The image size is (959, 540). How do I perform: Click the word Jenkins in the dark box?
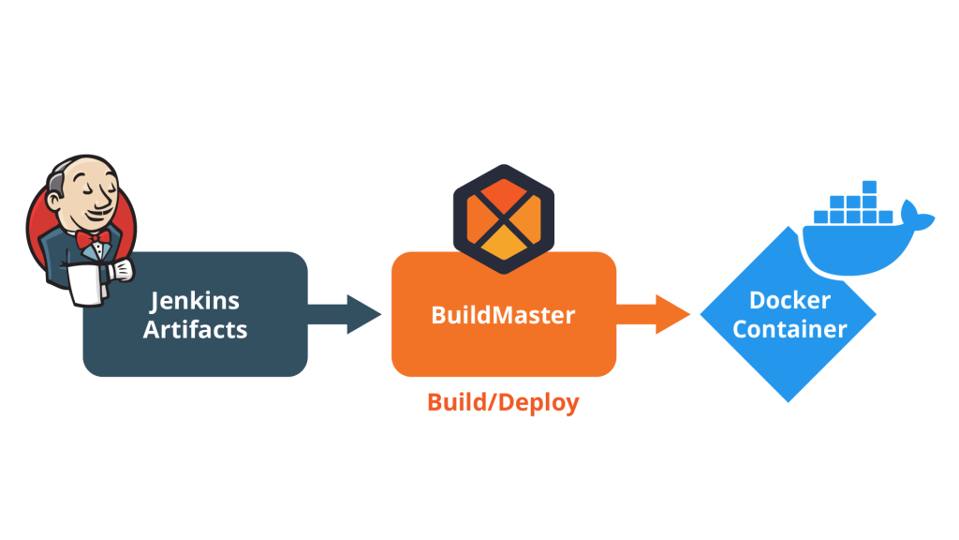point(195,301)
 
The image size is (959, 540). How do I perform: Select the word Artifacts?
point(195,330)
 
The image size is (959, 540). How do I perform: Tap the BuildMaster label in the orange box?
point(503,315)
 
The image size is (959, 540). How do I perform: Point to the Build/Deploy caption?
point(503,403)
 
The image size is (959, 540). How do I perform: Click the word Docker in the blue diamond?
point(789,301)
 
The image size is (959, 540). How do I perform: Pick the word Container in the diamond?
point(789,330)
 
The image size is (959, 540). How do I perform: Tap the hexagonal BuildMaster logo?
point(503,217)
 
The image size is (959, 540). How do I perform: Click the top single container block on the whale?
point(870,186)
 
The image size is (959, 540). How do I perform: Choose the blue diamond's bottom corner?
point(789,401)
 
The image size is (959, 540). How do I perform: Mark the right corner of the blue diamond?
point(875,315)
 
